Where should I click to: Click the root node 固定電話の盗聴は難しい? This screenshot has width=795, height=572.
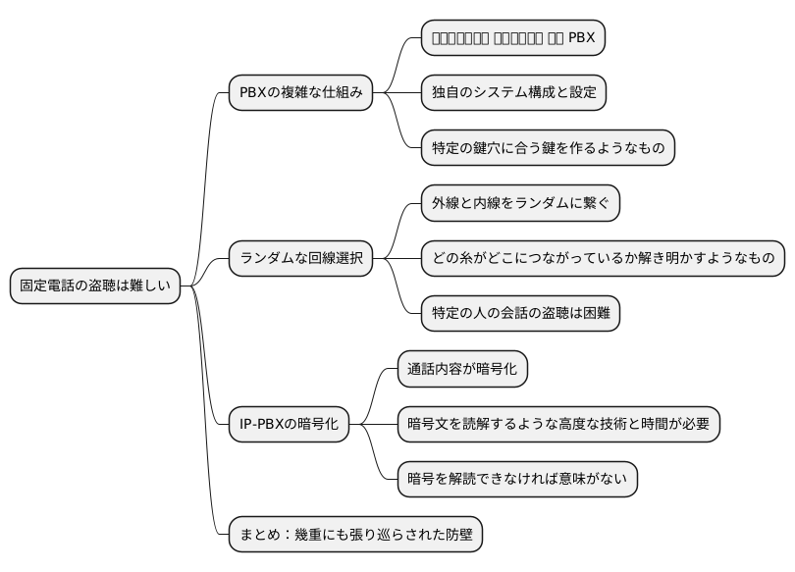pyautogui.click(x=95, y=286)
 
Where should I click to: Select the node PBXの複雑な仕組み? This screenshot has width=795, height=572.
pyautogui.click(x=300, y=93)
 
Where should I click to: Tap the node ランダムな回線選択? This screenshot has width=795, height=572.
pyautogui.click(x=300, y=259)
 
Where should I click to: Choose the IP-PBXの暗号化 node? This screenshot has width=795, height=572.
pyautogui.click(x=289, y=425)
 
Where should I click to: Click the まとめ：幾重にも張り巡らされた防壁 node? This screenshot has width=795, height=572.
pyautogui.click(x=355, y=536)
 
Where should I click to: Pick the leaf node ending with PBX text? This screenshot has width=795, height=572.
pyautogui.click(x=513, y=38)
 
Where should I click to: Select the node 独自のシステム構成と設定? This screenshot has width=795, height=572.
pyautogui.click(x=513, y=93)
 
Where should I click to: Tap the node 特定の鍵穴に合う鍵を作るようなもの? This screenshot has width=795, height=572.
pyautogui.click(x=548, y=148)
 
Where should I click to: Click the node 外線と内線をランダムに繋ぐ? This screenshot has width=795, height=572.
pyautogui.click(x=520, y=203)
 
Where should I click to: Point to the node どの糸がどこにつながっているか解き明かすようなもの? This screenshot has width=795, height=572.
pyautogui.click(x=603, y=259)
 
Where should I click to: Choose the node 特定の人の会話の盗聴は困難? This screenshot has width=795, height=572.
pyautogui.click(x=520, y=314)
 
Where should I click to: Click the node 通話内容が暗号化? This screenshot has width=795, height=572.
pyautogui.click(x=462, y=369)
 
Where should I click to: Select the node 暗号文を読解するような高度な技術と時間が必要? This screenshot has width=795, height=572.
pyautogui.click(x=558, y=425)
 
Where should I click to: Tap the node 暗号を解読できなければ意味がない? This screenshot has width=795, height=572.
pyautogui.click(x=516, y=480)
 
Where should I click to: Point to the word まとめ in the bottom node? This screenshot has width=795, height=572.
pyautogui.click(x=260, y=536)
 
